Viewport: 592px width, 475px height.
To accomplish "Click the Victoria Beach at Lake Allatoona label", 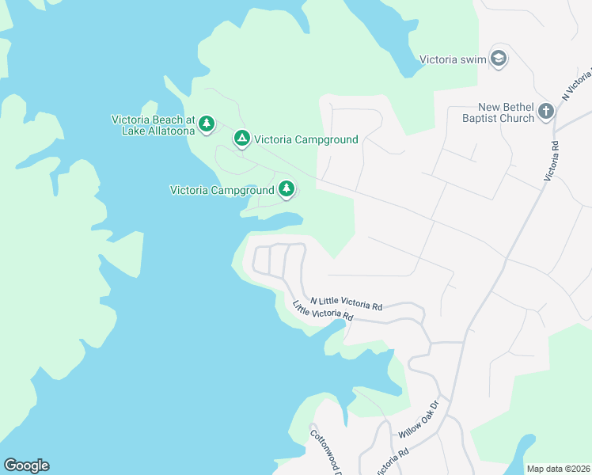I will coord(153,125).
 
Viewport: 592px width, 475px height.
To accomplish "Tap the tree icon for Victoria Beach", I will coord(207,123).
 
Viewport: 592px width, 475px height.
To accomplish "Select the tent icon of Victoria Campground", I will coord(242,139).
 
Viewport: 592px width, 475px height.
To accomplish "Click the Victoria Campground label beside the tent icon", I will coord(306,140).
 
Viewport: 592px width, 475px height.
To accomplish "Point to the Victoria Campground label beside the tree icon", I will coord(222,190).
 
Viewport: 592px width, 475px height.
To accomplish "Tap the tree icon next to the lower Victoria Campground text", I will coord(287,189).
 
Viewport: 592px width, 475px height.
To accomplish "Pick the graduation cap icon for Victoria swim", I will coord(499,58).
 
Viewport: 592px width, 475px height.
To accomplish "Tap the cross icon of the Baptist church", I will coord(546,112).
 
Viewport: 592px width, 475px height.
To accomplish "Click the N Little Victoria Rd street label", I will coord(347,302).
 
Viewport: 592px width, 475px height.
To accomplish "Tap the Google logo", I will coord(26,465).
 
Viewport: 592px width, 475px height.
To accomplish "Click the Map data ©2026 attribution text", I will coord(558,469).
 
